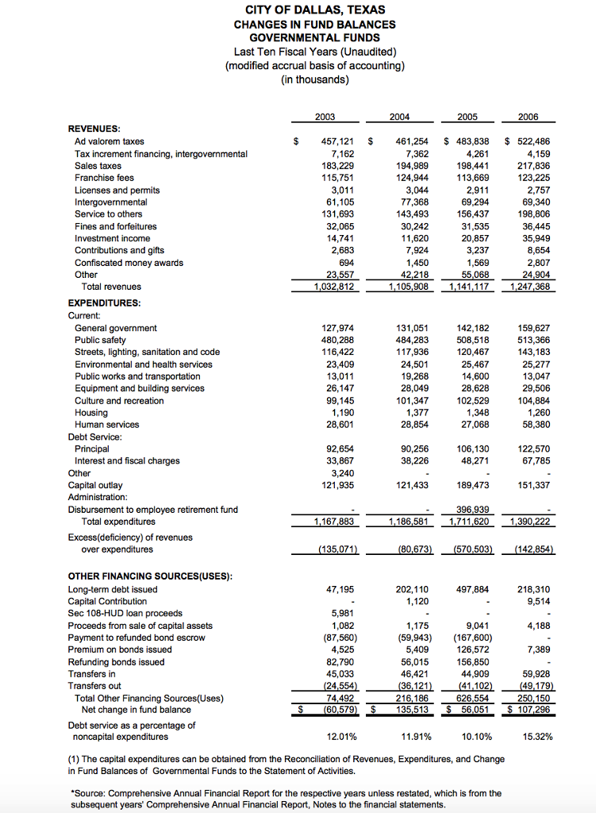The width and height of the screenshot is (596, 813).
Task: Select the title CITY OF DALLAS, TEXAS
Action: point(315,10)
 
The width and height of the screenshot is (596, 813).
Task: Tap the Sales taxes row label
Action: point(98,166)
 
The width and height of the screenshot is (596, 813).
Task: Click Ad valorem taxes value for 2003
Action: point(336,141)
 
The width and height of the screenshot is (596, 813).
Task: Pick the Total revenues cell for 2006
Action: point(529,287)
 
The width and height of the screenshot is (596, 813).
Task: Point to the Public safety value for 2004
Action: point(412,340)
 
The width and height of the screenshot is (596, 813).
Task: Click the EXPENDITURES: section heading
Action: point(104,303)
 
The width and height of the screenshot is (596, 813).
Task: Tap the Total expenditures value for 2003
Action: point(336,522)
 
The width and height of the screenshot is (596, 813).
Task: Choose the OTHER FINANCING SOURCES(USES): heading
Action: point(149,576)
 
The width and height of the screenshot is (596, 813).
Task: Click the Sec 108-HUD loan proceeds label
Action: point(125,613)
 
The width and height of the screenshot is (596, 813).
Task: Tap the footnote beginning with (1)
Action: point(286,765)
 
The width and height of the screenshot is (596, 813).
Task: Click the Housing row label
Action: point(91,413)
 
